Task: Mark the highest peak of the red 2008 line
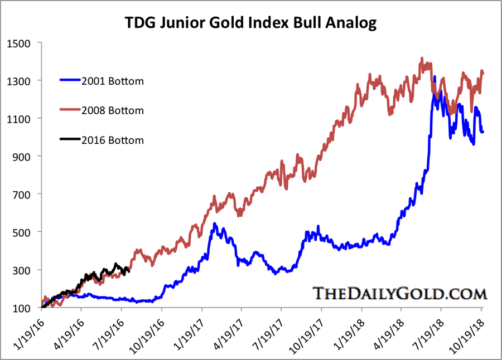point(422,58)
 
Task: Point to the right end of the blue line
point(483,132)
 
